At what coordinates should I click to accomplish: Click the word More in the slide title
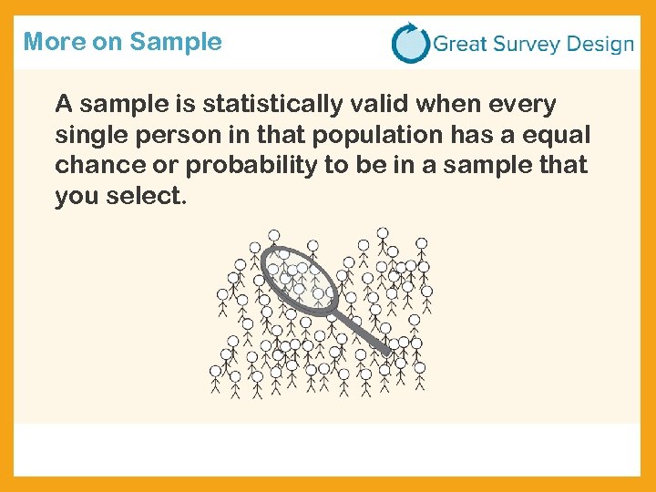click(48, 42)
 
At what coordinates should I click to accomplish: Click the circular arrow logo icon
click(410, 43)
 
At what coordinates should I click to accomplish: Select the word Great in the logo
click(461, 44)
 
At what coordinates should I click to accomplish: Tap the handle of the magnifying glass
click(364, 333)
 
